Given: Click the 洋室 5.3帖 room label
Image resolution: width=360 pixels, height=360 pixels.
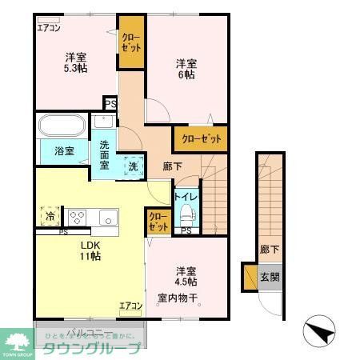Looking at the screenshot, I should [x=76, y=62].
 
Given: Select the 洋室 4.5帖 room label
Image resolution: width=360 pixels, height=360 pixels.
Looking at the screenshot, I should [x=186, y=276].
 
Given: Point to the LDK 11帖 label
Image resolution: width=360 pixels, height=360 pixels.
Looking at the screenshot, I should [x=89, y=250].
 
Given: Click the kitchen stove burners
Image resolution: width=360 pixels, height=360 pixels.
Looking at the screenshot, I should [x=78, y=217].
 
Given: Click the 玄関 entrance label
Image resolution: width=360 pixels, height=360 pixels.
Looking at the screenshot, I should [x=270, y=278].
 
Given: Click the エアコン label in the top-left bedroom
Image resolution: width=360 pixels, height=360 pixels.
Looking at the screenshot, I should [x=49, y=27].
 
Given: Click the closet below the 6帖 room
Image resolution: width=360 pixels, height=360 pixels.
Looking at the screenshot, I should [x=199, y=138].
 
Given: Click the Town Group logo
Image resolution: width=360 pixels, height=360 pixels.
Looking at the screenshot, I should [x=18, y=343].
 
